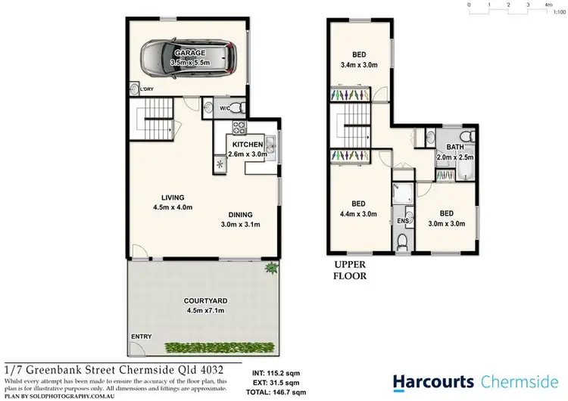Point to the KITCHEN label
click(247, 145)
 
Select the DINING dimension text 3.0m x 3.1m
click(240, 225)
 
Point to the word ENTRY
click(141, 336)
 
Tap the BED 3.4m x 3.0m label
click(360, 61)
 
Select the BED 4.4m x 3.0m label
click(360, 209)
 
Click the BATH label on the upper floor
click(455, 148)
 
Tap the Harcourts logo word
click(432, 381)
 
